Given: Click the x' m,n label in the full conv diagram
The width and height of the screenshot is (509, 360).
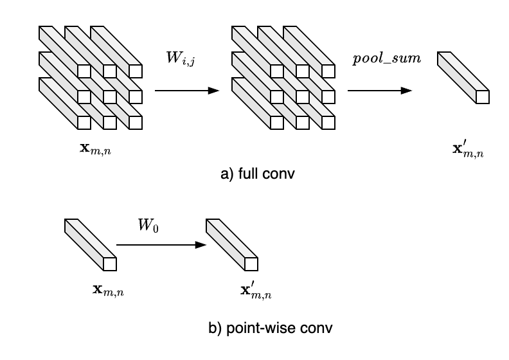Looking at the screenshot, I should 469,150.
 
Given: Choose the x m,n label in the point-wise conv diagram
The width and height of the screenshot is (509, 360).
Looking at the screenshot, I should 108,291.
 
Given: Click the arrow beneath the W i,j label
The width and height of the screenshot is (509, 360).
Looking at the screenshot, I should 186,91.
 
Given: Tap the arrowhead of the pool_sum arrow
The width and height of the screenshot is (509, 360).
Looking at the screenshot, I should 406,91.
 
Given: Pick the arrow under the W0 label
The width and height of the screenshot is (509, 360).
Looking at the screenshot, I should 161,245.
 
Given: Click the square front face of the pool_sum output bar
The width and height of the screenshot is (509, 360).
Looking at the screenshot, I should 482,97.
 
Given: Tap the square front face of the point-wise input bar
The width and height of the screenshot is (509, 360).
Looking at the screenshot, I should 109,264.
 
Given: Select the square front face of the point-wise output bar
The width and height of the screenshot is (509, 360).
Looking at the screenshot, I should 251,264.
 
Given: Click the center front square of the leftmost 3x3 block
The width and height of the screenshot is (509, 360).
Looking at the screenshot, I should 109,97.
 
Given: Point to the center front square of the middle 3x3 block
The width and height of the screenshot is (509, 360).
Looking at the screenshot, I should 302,97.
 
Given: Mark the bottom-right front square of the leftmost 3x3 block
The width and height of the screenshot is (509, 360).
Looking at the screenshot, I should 135,123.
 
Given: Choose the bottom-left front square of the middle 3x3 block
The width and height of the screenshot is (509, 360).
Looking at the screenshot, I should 276,123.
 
